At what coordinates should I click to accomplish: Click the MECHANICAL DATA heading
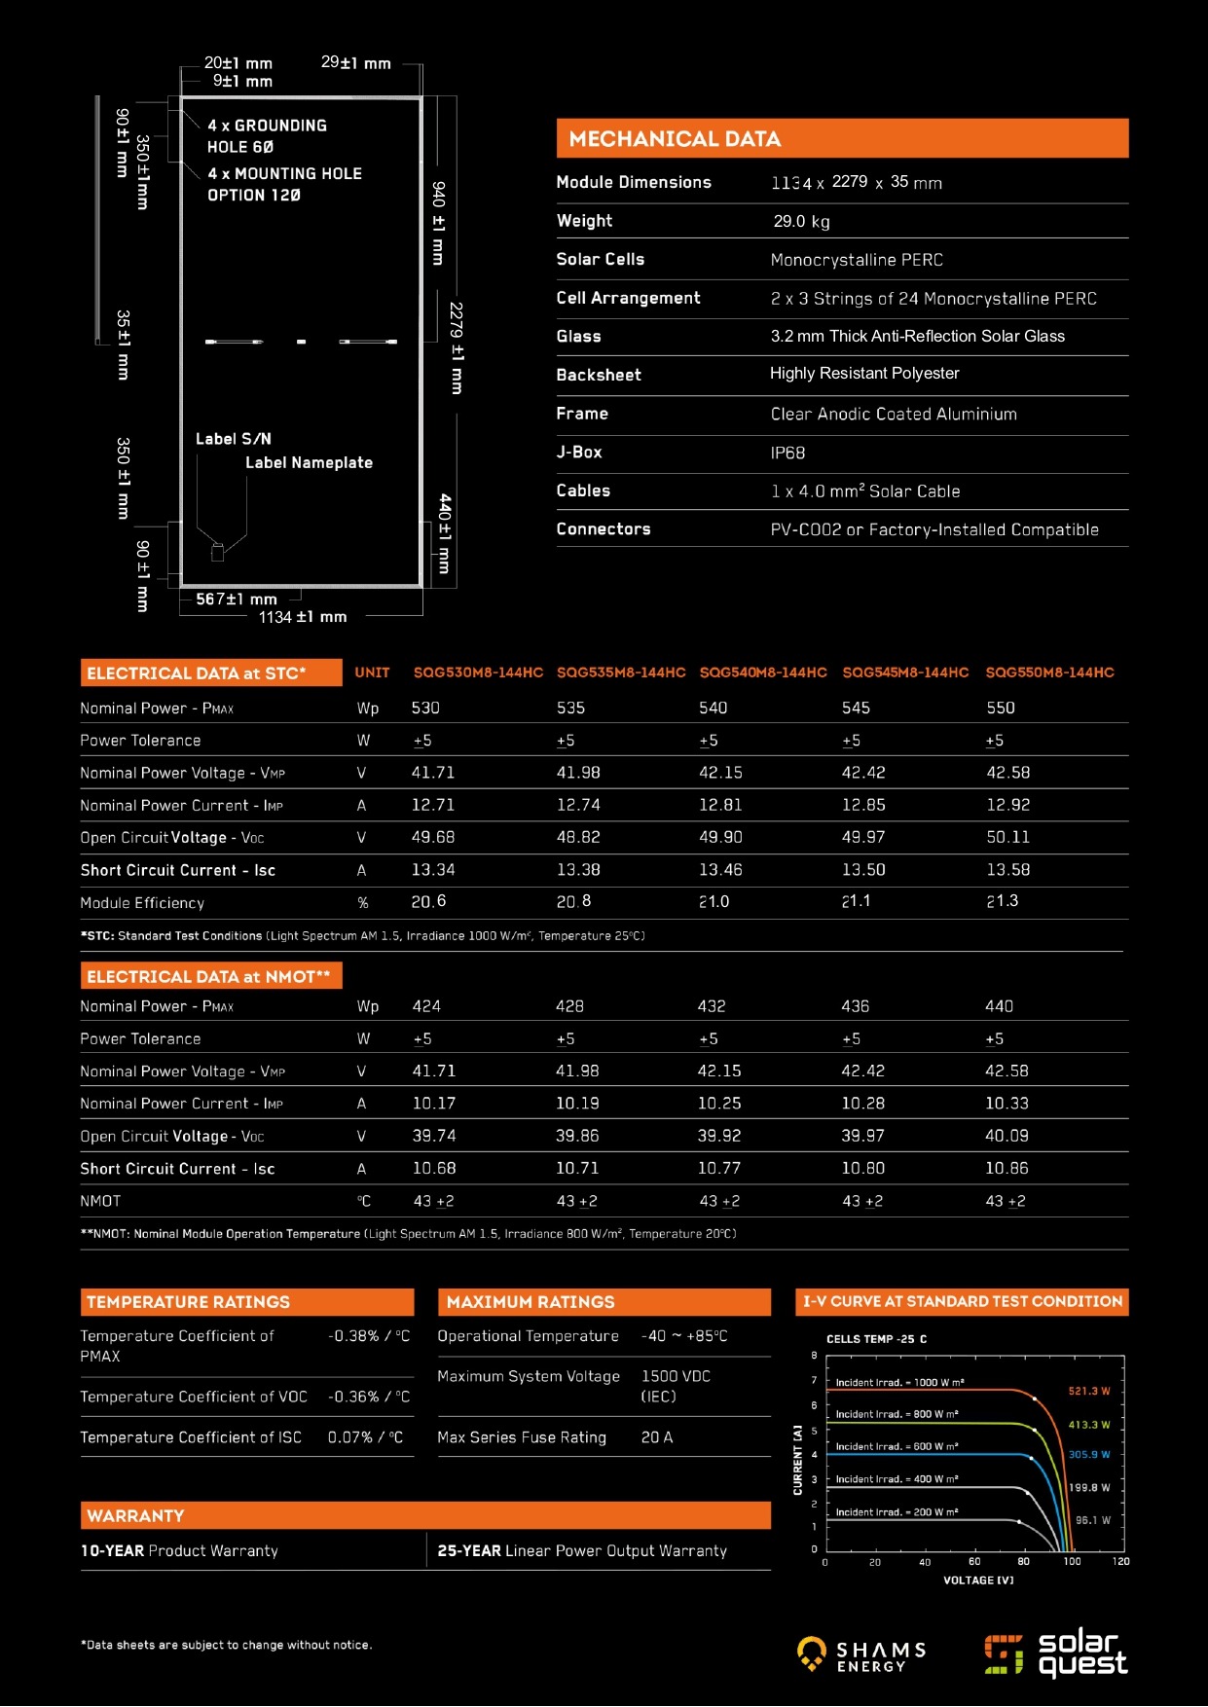pos(675,139)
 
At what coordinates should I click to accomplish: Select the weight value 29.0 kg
pos(801,221)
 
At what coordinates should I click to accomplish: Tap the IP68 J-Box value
pos(787,453)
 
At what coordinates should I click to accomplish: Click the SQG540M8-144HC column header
pos(763,672)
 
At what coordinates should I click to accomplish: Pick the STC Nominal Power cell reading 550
pos(1000,708)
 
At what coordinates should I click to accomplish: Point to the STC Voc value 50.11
pos(1007,837)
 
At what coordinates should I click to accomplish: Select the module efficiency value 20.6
pos(428,902)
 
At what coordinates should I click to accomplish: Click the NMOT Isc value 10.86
pos(1007,1168)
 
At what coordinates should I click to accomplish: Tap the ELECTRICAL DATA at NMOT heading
pos(208,976)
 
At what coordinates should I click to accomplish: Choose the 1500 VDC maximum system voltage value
pos(676,1376)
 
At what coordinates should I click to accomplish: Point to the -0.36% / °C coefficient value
pos(369,1397)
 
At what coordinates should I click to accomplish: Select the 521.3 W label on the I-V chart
pos(1088,1391)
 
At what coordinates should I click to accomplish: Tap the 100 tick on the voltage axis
pos(1072,1561)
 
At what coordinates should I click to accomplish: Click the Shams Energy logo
pos(861,1653)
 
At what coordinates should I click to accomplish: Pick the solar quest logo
pos(1055,1653)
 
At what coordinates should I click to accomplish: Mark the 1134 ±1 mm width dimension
pos(303,617)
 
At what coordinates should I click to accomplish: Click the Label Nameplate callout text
pos(309,462)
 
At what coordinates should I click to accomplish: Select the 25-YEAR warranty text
pos(582,1550)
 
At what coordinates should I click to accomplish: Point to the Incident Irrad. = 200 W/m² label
pos(897,1512)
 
